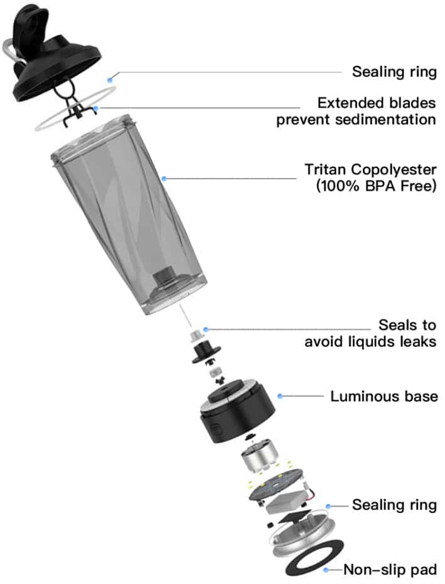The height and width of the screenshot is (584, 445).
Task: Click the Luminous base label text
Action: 383,396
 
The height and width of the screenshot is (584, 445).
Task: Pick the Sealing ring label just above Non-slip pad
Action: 394,505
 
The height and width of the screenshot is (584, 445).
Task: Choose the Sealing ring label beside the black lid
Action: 394,72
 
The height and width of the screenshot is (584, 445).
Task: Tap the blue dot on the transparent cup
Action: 164,179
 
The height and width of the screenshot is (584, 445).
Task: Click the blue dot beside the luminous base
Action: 280,396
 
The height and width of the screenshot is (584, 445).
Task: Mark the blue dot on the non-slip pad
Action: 326,570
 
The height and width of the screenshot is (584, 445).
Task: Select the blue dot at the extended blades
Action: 96,109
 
